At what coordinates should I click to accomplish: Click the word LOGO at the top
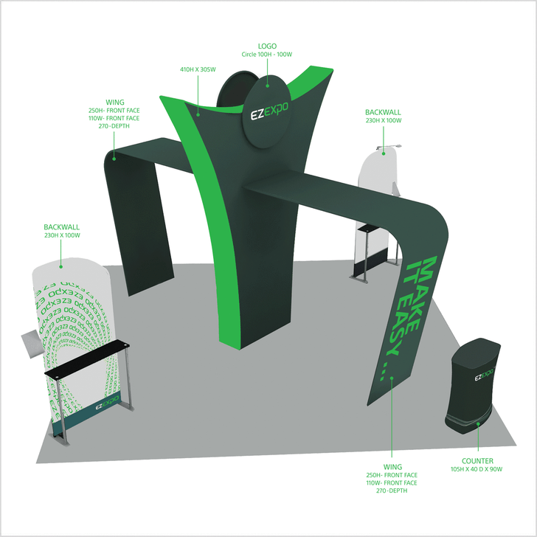click(x=268, y=45)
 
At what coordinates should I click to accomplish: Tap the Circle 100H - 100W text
click(x=268, y=54)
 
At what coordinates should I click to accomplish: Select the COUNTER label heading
click(x=477, y=460)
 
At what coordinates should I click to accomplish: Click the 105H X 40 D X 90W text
click(x=477, y=469)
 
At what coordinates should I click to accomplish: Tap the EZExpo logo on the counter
click(x=483, y=376)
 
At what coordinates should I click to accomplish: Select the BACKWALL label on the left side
click(x=61, y=228)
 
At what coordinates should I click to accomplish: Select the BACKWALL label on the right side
click(x=384, y=113)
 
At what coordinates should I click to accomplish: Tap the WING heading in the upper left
click(x=114, y=103)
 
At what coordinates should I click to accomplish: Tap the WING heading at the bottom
click(x=392, y=467)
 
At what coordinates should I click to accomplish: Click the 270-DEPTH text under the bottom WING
click(x=392, y=491)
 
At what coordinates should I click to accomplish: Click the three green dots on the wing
click(x=381, y=368)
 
